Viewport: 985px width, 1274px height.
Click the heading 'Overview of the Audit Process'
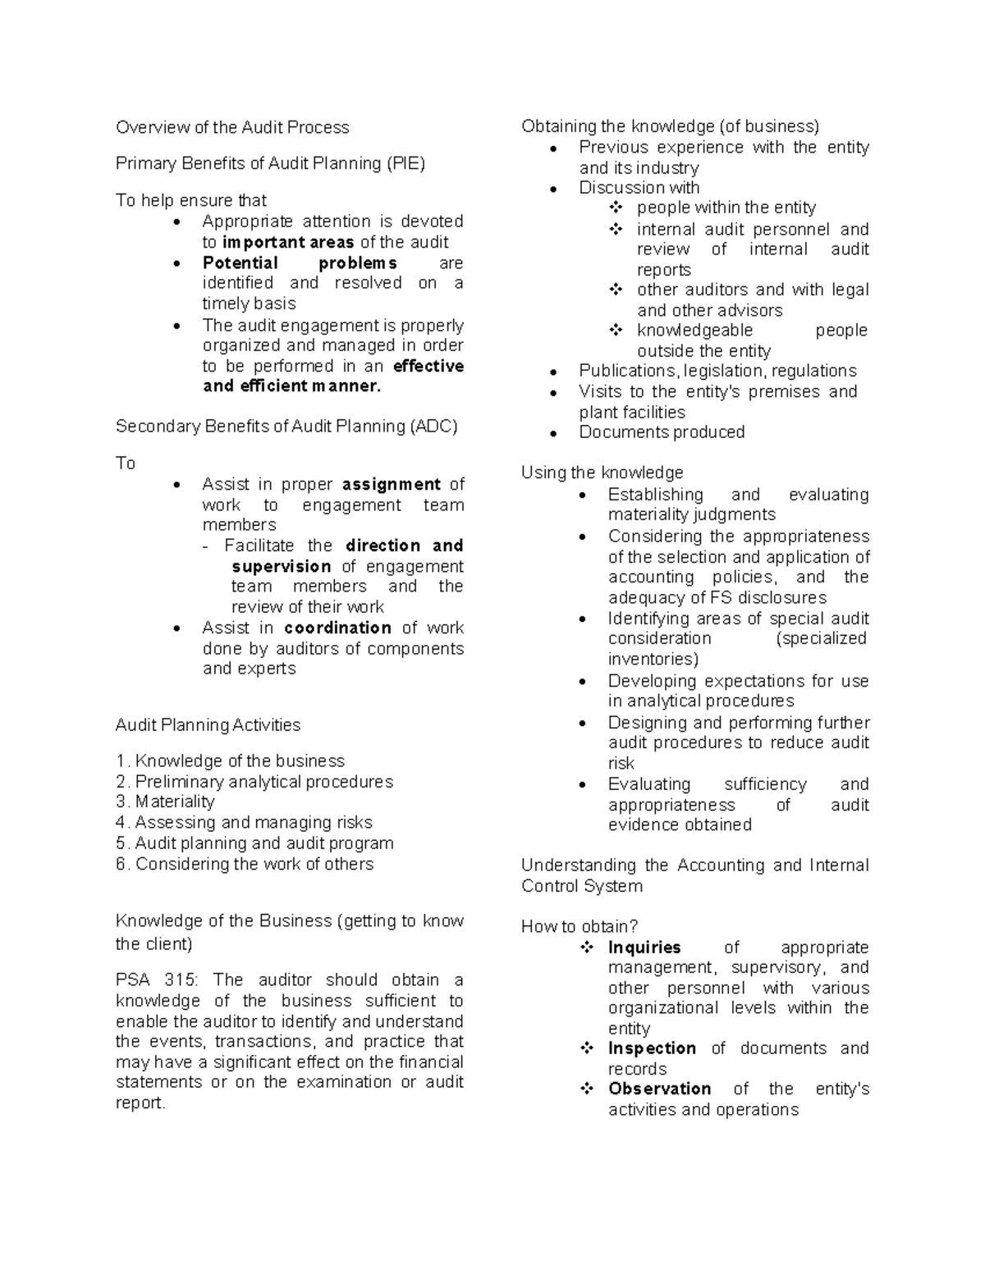click(232, 127)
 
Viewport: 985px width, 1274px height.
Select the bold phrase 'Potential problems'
click(300, 263)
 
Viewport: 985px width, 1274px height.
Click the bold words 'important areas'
click(288, 242)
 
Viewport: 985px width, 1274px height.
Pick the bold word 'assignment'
click(392, 484)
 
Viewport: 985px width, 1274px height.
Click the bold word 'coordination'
click(337, 628)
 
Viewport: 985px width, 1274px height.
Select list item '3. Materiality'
click(165, 801)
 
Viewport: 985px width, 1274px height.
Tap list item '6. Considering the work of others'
click(245, 864)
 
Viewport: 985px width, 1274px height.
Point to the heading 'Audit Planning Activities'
click(208, 725)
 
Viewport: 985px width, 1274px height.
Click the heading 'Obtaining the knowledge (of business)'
click(670, 126)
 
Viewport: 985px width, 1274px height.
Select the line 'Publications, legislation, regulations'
click(717, 371)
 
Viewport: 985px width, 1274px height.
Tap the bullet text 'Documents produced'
click(662, 432)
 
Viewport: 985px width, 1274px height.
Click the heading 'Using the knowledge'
click(602, 473)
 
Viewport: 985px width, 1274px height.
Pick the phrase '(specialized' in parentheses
click(821, 638)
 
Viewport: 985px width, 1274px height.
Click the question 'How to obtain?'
click(579, 926)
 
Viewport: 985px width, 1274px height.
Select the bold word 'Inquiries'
click(644, 948)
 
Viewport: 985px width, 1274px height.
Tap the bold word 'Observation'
click(659, 1089)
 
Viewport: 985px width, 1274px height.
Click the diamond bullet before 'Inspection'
click(587, 1048)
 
